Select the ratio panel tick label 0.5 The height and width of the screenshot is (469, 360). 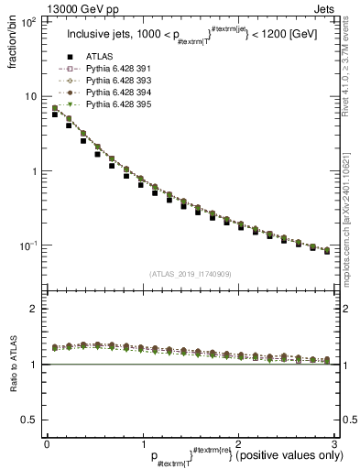point(29,420)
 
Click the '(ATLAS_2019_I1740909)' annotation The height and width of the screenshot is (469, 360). point(190,274)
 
